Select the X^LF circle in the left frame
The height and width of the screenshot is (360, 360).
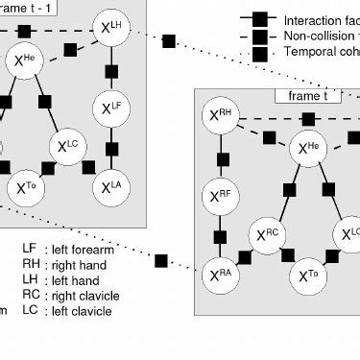coord(112,107)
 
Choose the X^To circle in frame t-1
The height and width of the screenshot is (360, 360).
coord(27,188)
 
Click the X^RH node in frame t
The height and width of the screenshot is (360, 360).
coord(221,119)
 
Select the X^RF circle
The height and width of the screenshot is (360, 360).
coord(221,198)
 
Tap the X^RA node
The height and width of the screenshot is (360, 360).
coord(221,277)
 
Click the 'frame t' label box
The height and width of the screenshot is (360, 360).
coord(300,96)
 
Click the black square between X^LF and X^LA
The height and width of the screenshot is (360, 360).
coord(112,147)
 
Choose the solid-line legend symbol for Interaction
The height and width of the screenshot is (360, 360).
coord(259,19)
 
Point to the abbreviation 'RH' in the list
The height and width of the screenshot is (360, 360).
coord(31,264)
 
